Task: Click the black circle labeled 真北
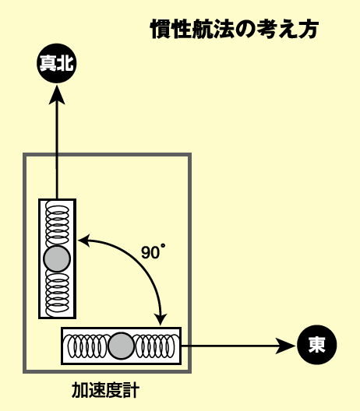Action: click(57, 63)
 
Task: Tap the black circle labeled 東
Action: click(316, 345)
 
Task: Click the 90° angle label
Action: click(154, 252)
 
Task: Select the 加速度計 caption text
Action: click(105, 390)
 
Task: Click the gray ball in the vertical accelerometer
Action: click(57, 258)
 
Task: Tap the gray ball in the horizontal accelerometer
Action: click(121, 346)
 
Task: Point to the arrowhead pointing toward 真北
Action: click(57, 95)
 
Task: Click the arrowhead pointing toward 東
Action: click(285, 346)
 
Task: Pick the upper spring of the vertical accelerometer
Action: click(57, 223)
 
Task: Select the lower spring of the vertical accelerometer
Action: click(57, 293)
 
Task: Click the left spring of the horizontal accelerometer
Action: click(88, 346)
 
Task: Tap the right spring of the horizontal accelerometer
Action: click(155, 346)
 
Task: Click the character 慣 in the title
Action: click(161, 29)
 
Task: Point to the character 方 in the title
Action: click(308, 29)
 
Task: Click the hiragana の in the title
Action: click(245, 29)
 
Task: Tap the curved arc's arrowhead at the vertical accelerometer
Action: click(84, 241)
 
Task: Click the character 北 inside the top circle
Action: click(65, 63)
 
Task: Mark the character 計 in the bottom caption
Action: click(131, 390)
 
